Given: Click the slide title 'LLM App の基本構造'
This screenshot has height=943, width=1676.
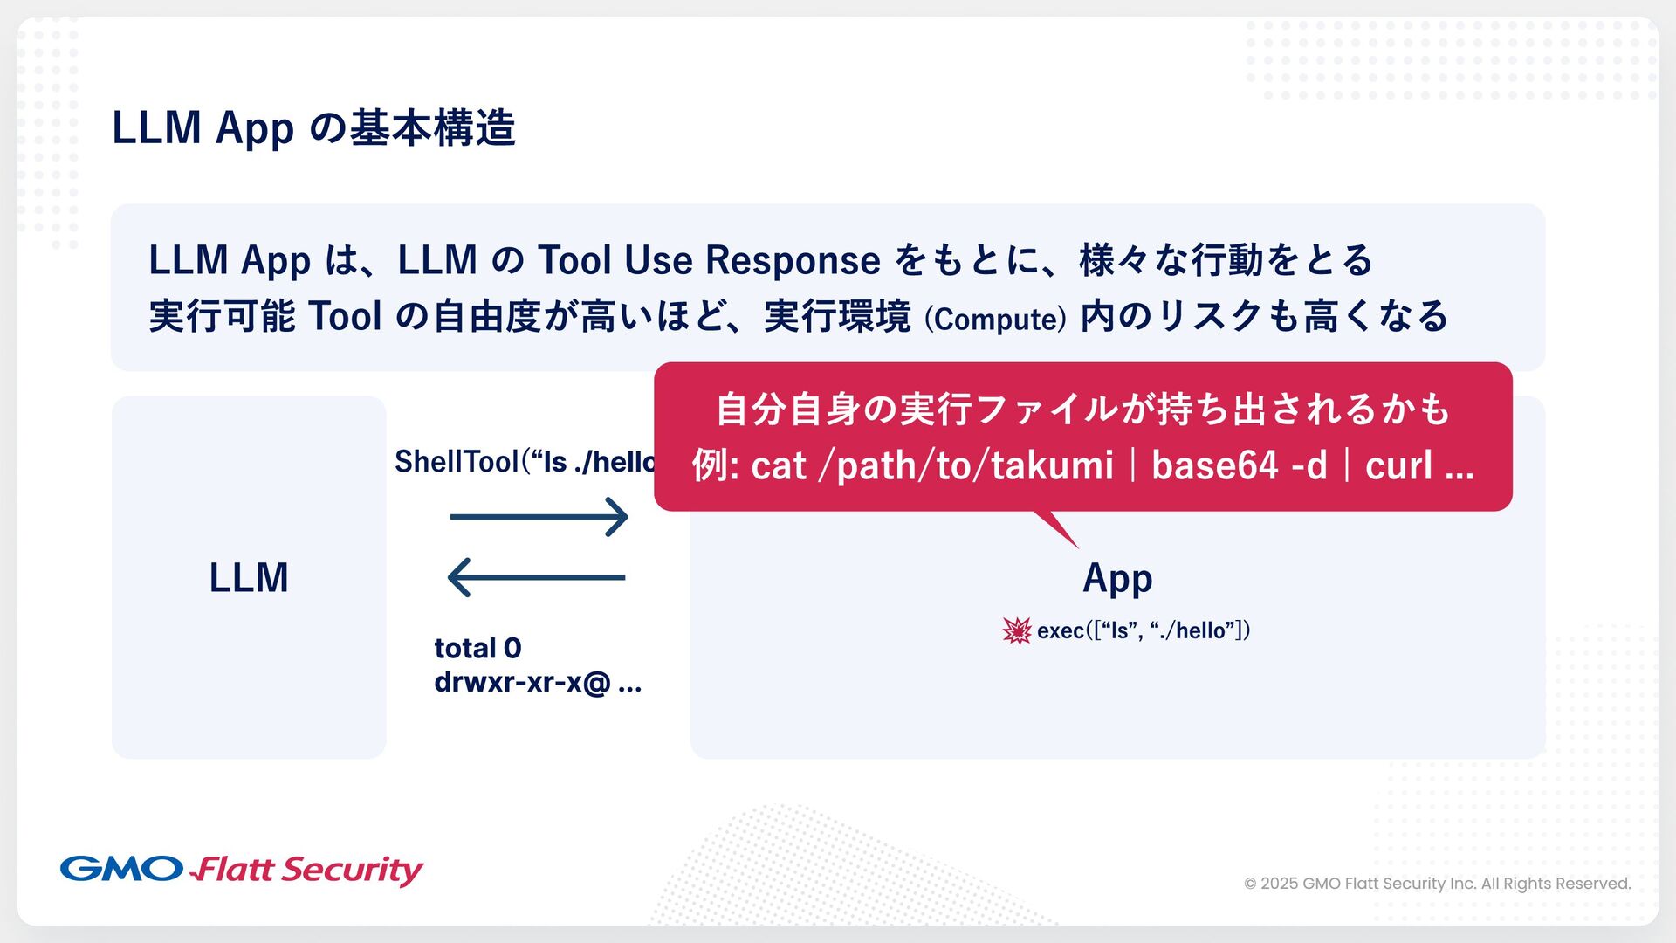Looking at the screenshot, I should point(313,128).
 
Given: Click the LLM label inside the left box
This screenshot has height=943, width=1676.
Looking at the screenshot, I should point(249,578).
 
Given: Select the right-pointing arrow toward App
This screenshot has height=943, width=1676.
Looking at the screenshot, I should point(539,517).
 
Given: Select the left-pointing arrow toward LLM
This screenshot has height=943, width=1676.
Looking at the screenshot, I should point(536,577).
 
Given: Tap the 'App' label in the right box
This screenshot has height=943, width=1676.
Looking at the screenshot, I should point(1117,578).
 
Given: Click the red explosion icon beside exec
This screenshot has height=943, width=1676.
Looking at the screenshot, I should point(1017,630).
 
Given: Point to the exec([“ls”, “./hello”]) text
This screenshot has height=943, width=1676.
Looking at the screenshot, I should point(1144,630).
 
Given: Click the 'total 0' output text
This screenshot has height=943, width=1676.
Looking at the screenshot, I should point(477,648).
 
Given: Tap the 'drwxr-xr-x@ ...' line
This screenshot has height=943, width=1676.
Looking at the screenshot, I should point(538,682).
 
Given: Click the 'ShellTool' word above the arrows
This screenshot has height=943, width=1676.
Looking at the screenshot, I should point(457,462).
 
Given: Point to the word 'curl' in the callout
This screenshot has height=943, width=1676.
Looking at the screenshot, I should point(1398,465).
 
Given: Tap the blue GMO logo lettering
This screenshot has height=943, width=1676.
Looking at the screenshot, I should point(121,869).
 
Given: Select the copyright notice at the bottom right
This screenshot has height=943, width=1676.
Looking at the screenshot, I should point(1437,884).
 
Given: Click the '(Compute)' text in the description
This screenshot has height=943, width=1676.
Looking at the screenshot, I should point(995,319).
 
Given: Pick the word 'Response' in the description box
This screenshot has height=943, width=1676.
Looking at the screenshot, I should point(793,260).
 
